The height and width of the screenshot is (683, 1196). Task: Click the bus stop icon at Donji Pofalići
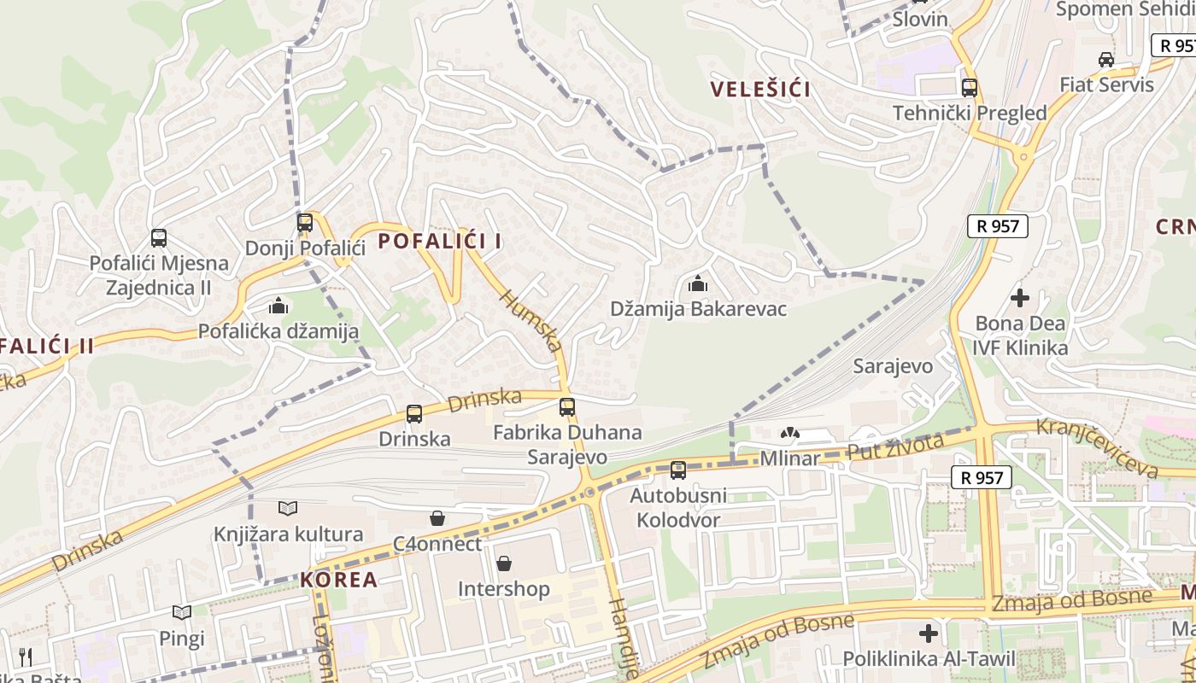click(x=305, y=223)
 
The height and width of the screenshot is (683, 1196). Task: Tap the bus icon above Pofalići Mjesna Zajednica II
click(x=159, y=238)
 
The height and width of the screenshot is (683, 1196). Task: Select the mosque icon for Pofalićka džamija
click(x=278, y=306)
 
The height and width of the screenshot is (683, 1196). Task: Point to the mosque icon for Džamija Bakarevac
click(x=698, y=283)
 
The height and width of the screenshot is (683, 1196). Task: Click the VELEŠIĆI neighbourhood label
click(x=760, y=89)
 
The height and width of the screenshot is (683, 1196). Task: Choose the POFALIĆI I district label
click(x=440, y=242)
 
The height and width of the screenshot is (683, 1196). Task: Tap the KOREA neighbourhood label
click(x=338, y=580)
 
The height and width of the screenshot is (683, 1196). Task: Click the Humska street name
click(x=531, y=321)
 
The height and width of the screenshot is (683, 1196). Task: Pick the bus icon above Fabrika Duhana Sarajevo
click(x=567, y=407)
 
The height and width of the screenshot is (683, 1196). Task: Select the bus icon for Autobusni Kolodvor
click(x=678, y=470)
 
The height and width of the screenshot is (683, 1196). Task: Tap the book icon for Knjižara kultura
click(x=288, y=509)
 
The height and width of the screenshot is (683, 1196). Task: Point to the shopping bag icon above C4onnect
click(x=437, y=518)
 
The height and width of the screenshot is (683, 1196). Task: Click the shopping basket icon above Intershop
click(x=504, y=564)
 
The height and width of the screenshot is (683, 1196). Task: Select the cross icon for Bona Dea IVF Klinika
click(x=1020, y=298)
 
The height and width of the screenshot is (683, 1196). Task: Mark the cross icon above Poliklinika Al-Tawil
click(x=929, y=633)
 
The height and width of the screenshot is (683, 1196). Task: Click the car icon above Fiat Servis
click(x=1106, y=59)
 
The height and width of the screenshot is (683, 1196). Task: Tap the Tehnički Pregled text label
click(x=970, y=113)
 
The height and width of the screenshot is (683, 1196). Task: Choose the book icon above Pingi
click(x=182, y=612)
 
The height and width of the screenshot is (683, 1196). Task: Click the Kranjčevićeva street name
click(x=1097, y=447)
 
